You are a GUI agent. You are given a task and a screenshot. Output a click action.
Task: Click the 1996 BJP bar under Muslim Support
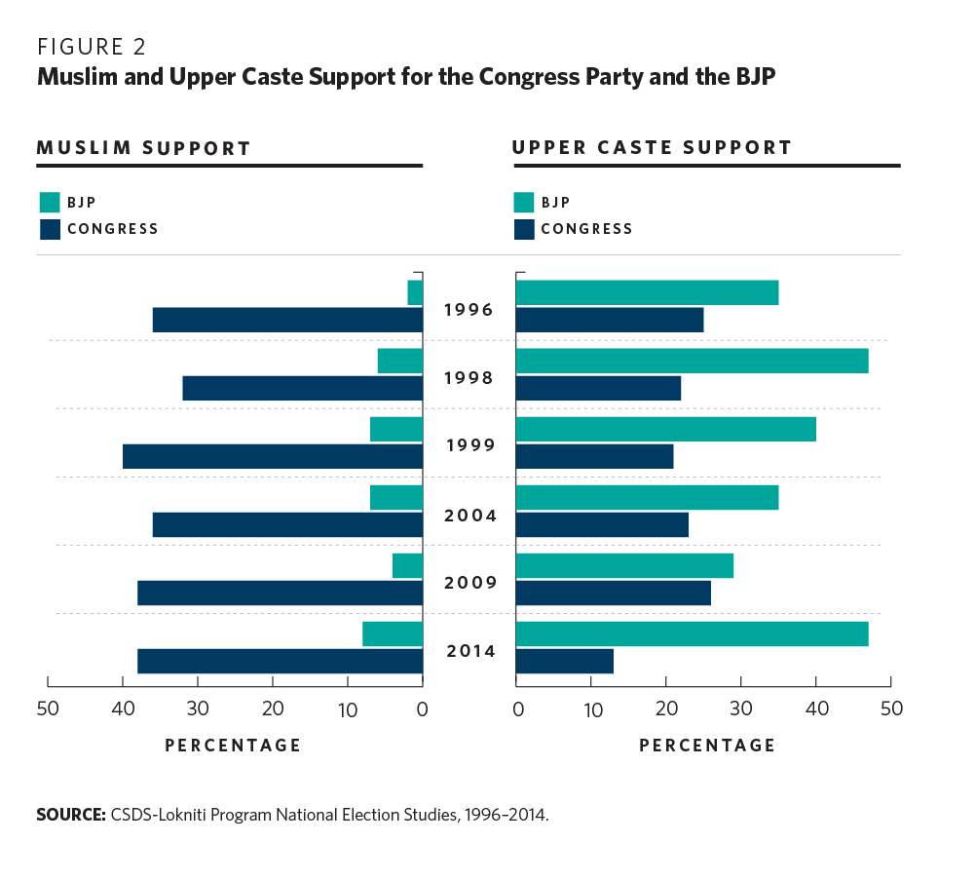tap(415, 292)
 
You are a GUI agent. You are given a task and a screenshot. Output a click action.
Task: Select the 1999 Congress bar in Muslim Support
tap(273, 456)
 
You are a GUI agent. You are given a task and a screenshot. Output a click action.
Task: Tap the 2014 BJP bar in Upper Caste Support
tap(692, 633)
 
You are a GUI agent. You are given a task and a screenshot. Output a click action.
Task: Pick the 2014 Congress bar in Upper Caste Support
tap(564, 661)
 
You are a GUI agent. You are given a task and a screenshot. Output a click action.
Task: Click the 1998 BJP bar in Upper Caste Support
tap(692, 361)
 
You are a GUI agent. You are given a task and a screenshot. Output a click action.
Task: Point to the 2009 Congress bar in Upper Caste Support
tap(613, 593)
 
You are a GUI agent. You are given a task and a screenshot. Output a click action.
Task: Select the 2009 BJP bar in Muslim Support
tap(408, 565)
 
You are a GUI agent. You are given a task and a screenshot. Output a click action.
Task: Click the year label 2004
tap(469, 515)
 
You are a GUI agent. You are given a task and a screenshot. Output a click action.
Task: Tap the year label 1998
tap(469, 378)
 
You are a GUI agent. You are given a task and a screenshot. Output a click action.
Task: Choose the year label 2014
tap(469, 651)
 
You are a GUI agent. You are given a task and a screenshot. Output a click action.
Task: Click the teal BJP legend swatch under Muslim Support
tap(50, 203)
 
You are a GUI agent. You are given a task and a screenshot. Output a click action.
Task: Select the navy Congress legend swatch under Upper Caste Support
tap(524, 229)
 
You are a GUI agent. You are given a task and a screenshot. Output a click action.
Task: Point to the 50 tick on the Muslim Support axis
tap(48, 709)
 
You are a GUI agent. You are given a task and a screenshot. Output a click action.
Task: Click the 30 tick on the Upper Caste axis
tap(741, 709)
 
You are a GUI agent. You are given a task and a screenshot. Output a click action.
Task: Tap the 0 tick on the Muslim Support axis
tap(423, 709)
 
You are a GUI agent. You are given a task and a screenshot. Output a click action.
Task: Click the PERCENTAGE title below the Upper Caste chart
tap(707, 746)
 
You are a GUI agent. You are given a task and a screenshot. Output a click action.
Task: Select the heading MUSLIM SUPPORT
tap(144, 149)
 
